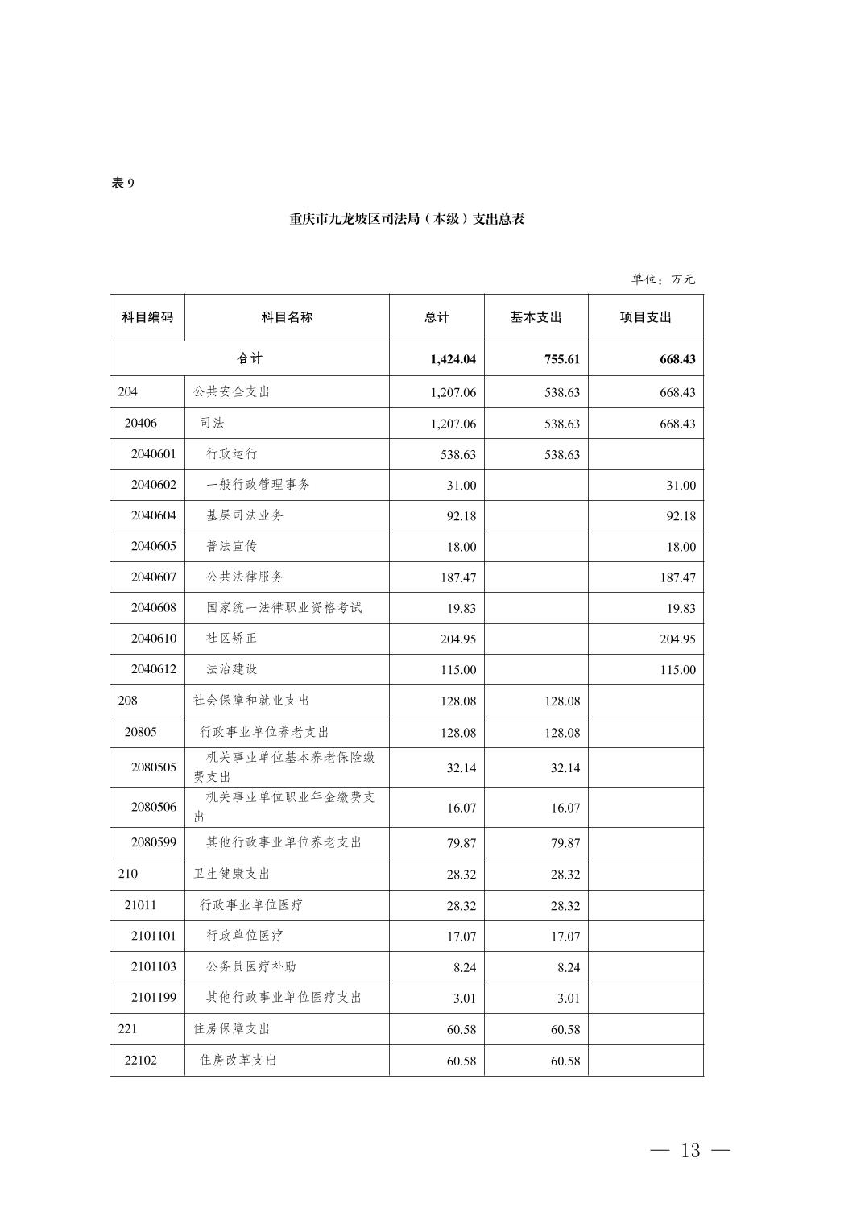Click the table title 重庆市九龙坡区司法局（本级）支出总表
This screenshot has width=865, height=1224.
[407, 219]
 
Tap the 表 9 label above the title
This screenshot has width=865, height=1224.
[122, 184]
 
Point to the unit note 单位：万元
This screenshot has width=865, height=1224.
[663, 279]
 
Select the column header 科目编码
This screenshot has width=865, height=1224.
[147, 317]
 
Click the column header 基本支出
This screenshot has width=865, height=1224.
[536, 317]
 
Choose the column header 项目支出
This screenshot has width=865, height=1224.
[645, 317]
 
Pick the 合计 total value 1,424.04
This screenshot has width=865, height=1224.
[453, 359]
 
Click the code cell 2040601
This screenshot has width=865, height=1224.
[153, 454]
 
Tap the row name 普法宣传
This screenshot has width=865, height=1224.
[232, 546]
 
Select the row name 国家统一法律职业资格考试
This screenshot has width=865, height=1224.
[284, 607]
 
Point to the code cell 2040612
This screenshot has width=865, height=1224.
[153, 669]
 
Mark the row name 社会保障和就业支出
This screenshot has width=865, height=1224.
[251, 701]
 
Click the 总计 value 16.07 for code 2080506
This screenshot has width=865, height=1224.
[461, 808]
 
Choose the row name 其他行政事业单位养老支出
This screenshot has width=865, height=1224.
[284, 842]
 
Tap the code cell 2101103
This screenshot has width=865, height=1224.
[153, 966]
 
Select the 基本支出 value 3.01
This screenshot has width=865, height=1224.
[569, 999]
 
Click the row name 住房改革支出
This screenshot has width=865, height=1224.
[238, 1061]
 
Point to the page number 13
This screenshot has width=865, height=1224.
[690, 1151]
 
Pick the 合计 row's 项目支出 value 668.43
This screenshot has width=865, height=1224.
[677, 359]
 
